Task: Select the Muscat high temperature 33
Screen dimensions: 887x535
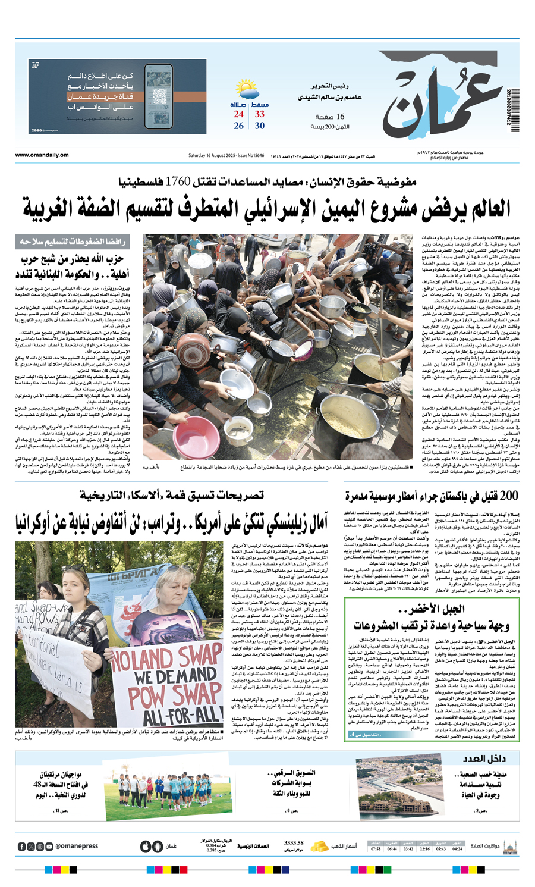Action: click(x=260, y=114)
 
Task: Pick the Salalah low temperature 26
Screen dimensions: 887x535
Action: click(x=239, y=126)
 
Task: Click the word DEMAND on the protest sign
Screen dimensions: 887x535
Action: click(x=169, y=678)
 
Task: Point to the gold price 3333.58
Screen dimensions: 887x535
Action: click(x=294, y=843)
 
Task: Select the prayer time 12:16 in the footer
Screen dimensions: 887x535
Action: click(x=424, y=849)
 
